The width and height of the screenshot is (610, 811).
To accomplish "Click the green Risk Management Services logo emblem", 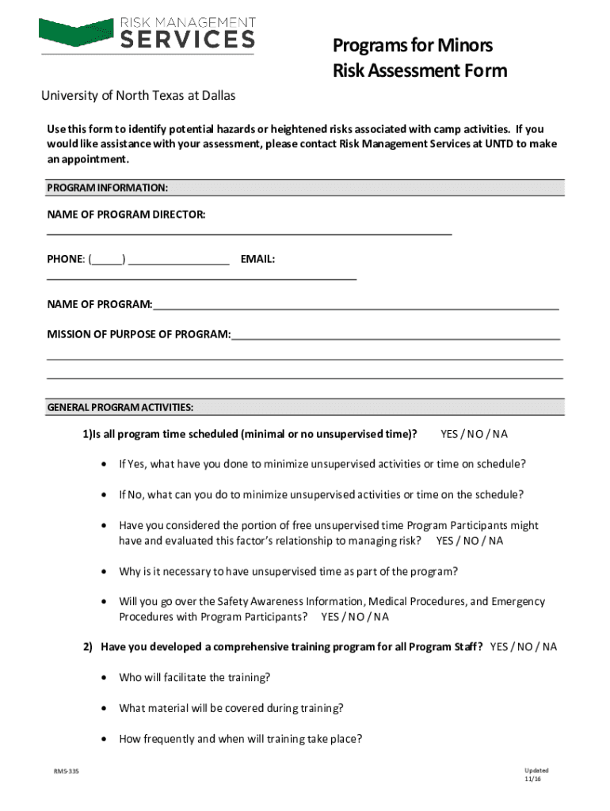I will (x=76, y=32).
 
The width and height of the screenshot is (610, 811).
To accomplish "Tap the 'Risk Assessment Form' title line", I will (x=419, y=71).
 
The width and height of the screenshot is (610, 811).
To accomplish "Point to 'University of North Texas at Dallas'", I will (x=138, y=96).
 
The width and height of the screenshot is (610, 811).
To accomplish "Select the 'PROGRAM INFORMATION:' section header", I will (x=107, y=188).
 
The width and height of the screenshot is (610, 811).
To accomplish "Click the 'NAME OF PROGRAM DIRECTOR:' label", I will (x=126, y=215).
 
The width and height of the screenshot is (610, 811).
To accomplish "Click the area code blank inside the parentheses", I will (x=108, y=259).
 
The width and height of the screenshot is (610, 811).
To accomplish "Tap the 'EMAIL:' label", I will (x=257, y=259).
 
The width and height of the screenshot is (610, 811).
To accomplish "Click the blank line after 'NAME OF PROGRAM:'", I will (x=356, y=305).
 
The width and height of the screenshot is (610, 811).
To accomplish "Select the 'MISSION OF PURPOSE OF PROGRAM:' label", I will (x=139, y=334).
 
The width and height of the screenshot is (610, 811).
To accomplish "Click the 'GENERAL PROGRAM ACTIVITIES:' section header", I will (x=120, y=408).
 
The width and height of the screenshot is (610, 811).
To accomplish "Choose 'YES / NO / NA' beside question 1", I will (x=474, y=434).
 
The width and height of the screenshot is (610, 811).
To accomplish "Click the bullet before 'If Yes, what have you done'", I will (x=105, y=464).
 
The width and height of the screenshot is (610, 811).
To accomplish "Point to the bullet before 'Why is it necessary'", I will (x=105, y=572).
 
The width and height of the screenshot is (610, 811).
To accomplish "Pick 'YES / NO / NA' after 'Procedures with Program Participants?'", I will (x=354, y=617).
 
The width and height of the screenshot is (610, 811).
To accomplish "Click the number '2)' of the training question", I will (x=90, y=647).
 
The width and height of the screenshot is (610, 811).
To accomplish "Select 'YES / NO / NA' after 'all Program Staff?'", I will (x=523, y=647).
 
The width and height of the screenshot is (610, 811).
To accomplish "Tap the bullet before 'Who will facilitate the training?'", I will (x=105, y=678).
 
